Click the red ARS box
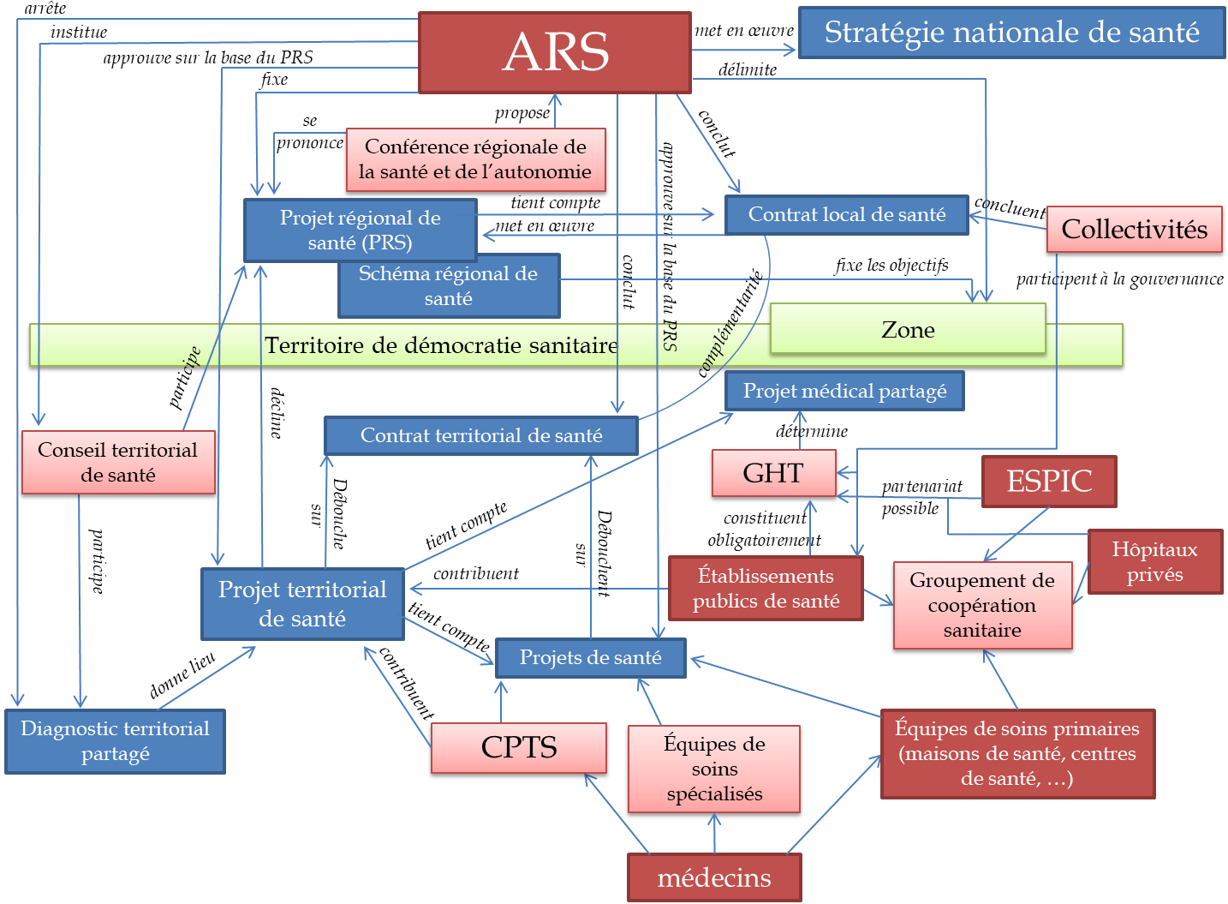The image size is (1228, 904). [x=555, y=52]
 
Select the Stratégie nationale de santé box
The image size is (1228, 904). [x=1011, y=33]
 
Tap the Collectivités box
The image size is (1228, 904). [x=1134, y=230]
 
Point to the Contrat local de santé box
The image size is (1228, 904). [x=846, y=214]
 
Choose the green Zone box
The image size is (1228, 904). [x=908, y=329]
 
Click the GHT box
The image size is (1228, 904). [x=773, y=473]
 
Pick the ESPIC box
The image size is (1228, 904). [x=1049, y=481]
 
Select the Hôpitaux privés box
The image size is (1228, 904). [x=1154, y=561]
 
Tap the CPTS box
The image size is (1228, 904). [x=519, y=747]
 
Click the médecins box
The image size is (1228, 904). [x=714, y=877]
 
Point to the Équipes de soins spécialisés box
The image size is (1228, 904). [x=714, y=769]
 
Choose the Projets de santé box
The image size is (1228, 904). [x=590, y=657]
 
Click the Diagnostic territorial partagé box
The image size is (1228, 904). [x=115, y=741]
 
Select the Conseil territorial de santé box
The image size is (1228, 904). [x=118, y=462]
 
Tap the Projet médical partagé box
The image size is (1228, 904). [x=844, y=391]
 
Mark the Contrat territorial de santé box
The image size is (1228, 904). [x=481, y=435]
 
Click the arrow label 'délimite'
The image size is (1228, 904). [x=748, y=70]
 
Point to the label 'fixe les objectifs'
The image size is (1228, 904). [x=891, y=265]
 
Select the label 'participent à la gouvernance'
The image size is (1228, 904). [x=1119, y=278]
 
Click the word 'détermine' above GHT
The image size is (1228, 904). [x=812, y=431]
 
